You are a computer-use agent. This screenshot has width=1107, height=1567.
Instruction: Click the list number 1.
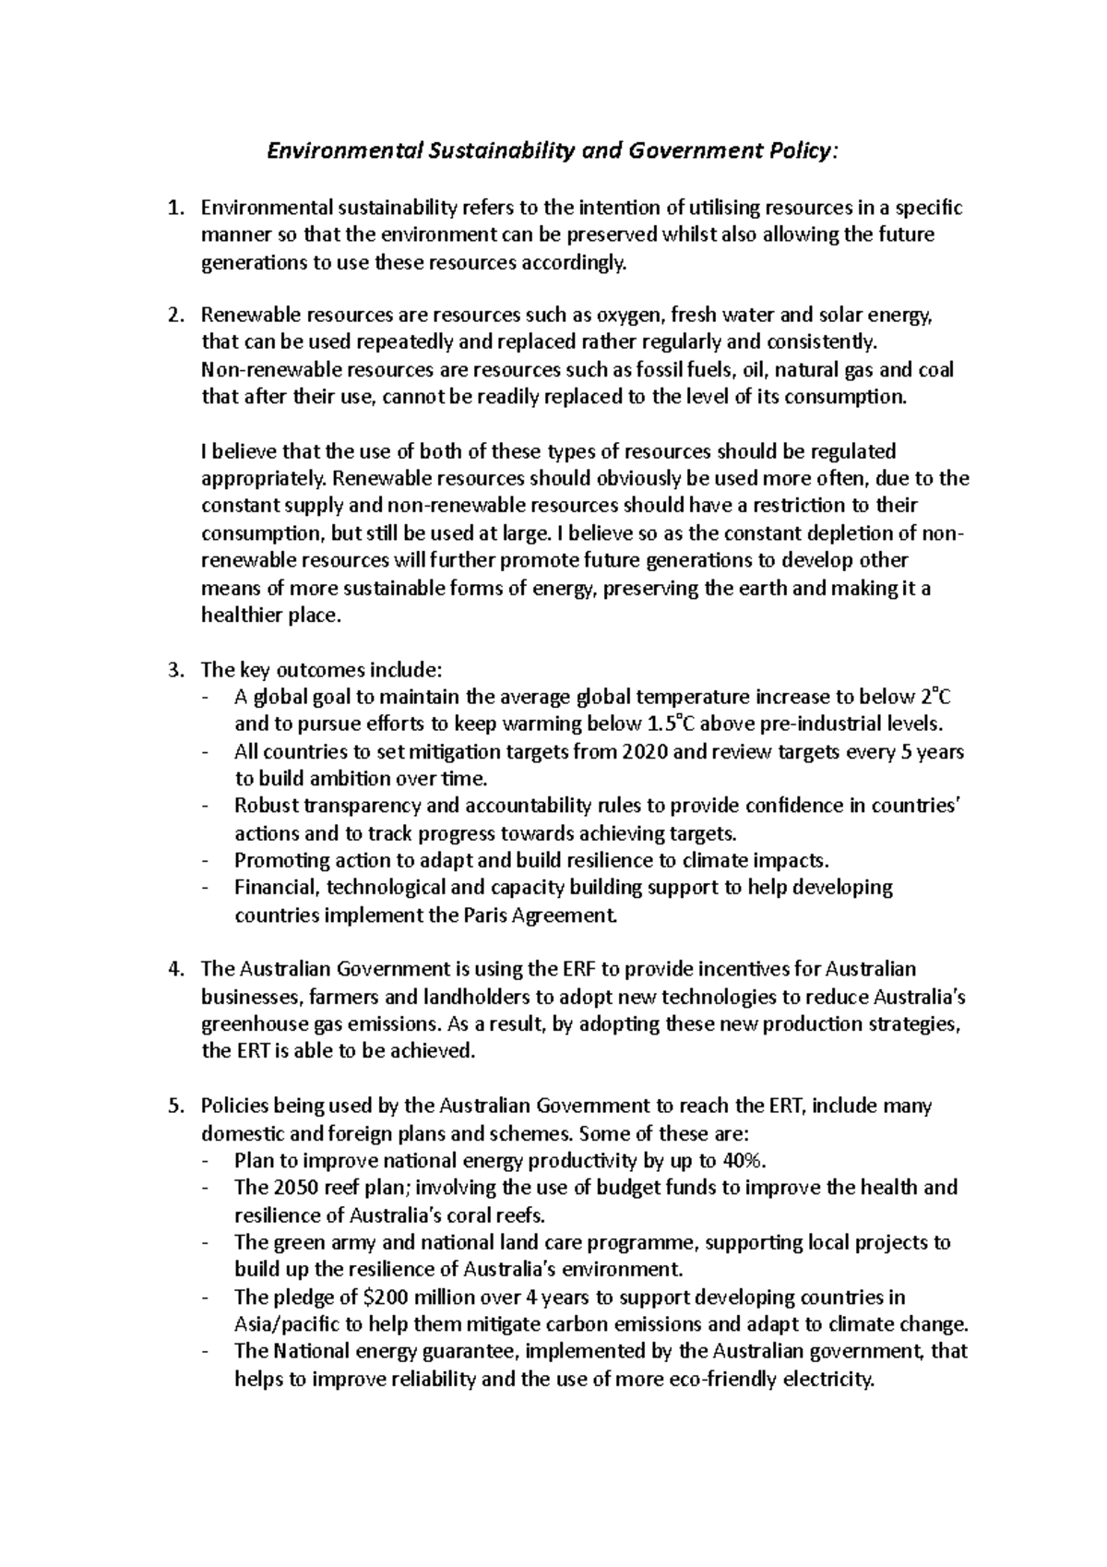pos(174,208)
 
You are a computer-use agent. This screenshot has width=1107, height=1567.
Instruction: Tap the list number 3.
pos(174,669)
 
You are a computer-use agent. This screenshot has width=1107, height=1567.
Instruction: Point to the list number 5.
pos(174,1106)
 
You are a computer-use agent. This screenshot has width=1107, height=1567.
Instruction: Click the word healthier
pos(243,616)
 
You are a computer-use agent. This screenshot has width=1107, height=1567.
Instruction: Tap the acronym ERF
pos(576,969)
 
